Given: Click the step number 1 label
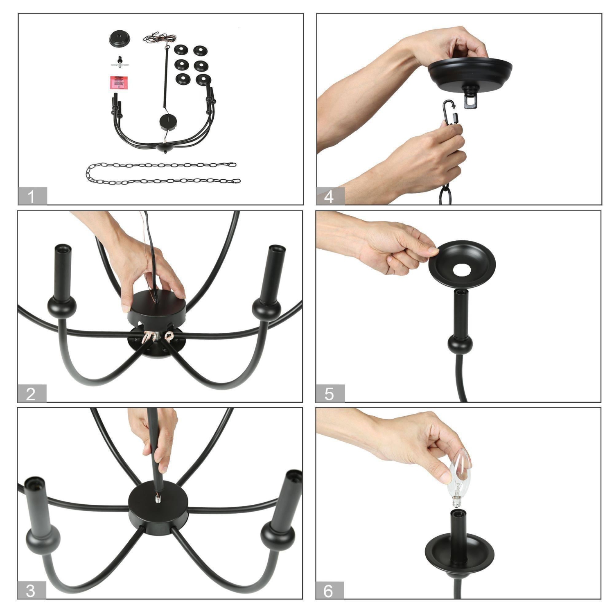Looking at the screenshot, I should [x=32, y=196].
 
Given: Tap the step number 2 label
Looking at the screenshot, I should [x=32, y=394].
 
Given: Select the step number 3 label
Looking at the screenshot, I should [x=31, y=591].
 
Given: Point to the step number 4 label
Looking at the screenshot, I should [x=330, y=196].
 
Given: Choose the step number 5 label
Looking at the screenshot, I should [x=330, y=394].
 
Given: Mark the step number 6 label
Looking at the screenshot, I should [x=329, y=591].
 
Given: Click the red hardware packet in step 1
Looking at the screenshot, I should [x=119, y=83].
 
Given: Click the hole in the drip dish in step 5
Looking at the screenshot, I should [x=462, y=270].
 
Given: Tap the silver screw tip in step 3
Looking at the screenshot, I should [x=158, y=498].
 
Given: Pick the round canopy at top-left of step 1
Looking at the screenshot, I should [x=120, y=38].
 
